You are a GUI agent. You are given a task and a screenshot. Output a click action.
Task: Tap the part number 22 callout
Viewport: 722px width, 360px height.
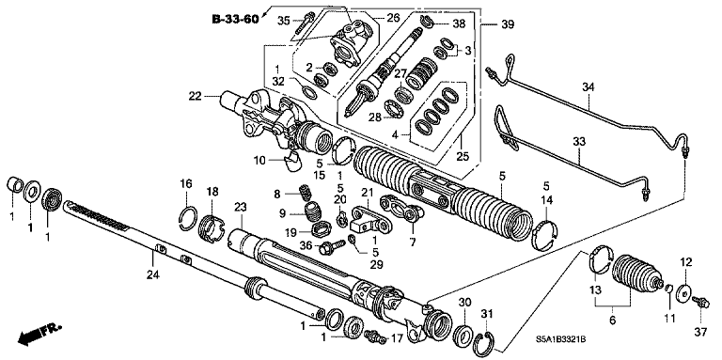tap(195, 96)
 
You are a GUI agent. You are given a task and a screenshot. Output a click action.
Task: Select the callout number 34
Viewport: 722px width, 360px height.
tap(588, 87)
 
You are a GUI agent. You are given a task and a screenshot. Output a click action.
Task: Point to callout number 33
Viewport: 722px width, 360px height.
tap(578, 141)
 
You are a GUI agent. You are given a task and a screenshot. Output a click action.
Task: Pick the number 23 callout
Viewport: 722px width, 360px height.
tap(240, 207)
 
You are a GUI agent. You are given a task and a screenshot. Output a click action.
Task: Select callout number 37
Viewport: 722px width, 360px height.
tap(700, 331)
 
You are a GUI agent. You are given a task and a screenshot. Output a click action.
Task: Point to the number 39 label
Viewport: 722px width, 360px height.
tap(508, 23)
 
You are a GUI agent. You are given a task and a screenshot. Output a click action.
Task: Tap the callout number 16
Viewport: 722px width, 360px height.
tap(186, 183)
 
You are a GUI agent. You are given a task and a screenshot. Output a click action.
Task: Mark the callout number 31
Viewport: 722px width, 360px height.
tap(486, 313)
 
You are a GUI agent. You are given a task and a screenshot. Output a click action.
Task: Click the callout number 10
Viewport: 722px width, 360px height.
tap(259, 161)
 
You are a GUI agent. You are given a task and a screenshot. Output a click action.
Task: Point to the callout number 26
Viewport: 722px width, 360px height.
tap(391, 17)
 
